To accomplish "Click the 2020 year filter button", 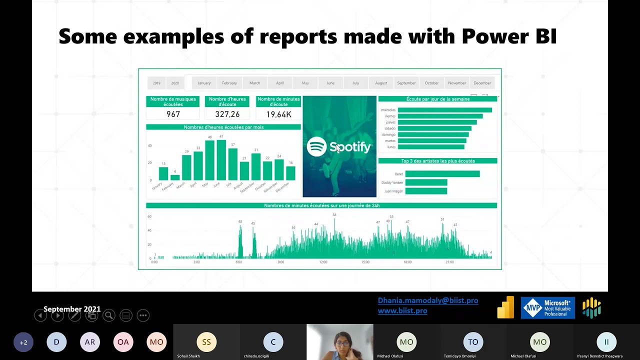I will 175,83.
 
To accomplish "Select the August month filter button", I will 381,83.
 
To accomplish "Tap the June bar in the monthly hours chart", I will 221,160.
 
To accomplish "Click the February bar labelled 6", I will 175,177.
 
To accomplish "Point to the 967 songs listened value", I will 173,114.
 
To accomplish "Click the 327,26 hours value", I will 227,114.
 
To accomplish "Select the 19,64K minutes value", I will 278,114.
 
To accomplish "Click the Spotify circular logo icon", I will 316,146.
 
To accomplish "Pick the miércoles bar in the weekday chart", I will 444,110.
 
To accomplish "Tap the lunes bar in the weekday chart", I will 431,147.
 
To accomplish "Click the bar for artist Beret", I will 442,174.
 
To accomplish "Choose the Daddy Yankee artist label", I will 392,182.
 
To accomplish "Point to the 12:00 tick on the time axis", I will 323,262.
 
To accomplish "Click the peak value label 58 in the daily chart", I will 334,215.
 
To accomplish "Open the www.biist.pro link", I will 402,310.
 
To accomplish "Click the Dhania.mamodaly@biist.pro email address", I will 428,300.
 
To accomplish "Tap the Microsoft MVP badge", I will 547,307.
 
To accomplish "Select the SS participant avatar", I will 206,342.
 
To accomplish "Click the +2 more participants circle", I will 23,342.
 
